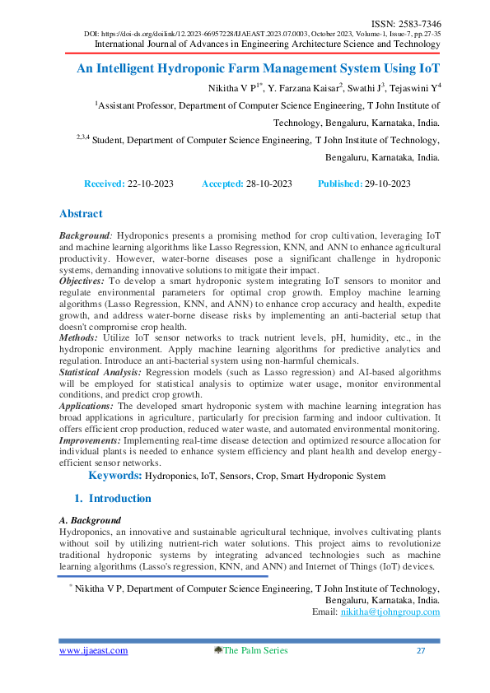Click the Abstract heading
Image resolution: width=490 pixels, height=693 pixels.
click(81, 214)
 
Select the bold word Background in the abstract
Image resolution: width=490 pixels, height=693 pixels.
click(85, 235)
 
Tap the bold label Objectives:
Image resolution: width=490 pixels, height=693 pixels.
click(82, 281)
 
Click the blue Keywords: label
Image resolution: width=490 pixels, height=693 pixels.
click(115, 476)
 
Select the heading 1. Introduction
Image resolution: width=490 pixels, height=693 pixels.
click(113, 499)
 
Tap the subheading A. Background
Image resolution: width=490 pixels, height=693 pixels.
click(90, 521)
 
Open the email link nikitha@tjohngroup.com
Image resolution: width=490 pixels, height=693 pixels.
click(390, 612)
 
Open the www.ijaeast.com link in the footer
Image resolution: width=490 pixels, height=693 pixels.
click(93, 651)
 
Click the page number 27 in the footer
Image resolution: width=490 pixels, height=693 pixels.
click(420, 651)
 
